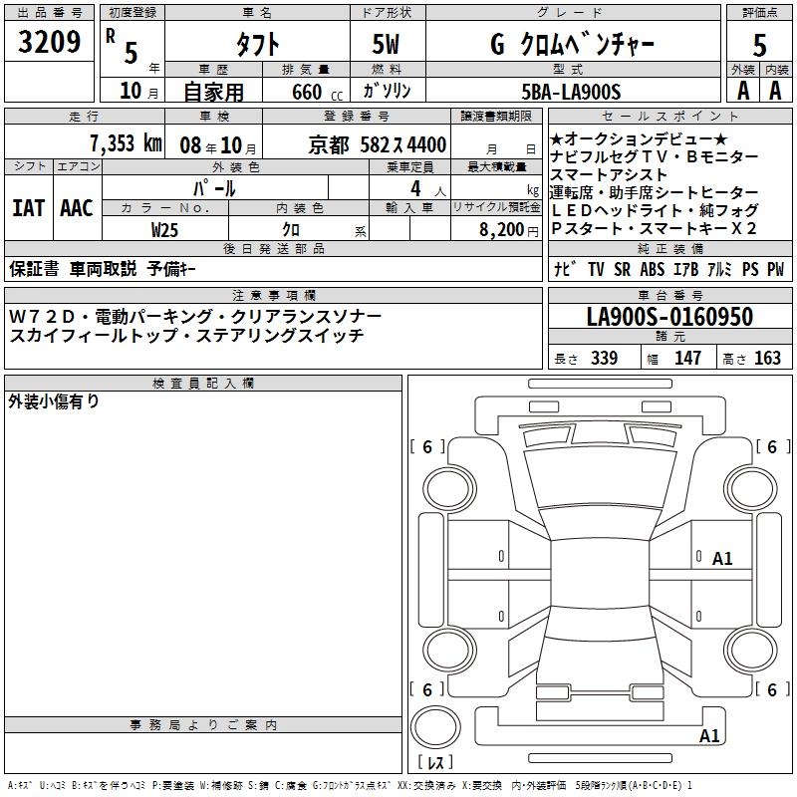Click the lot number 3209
click(x=49, y=42)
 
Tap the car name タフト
click(x=257, y=44)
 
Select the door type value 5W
click(x=386, y=44)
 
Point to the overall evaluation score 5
click(x=759, y=45)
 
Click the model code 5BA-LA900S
click(x=571, y=92)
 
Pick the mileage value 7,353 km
click(x=126, y=143)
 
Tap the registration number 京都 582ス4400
click(x=378, y=145)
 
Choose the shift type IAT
click(x=29, y=208)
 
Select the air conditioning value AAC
click(x=77, y=208)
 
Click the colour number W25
click(x=164, y=230)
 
